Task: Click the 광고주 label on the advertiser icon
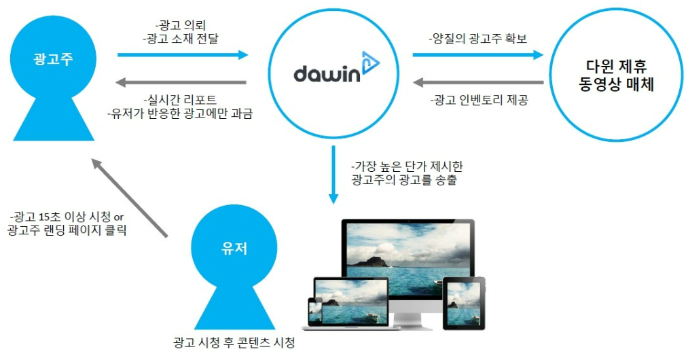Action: [52, 58]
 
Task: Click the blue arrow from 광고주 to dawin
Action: [183, 54]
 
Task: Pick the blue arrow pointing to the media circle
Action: [478, 54]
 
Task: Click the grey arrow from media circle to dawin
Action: [478, 83]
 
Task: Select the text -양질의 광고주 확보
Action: [478, 39]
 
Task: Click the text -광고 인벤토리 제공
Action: [478, 100]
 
